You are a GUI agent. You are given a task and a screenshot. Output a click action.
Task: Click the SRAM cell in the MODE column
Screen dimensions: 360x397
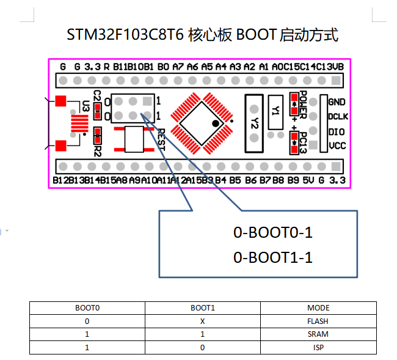[x=318, y=334]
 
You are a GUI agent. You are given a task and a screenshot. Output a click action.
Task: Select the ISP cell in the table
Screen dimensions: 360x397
[x=318, y=347]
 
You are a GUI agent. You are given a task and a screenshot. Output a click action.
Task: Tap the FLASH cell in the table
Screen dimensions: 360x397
[x=318, y=321]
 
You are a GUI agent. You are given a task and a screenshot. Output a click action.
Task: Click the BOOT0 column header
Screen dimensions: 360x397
[x=87, y=308]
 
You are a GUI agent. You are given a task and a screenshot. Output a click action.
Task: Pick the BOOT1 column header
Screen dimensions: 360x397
[x=202, y=308]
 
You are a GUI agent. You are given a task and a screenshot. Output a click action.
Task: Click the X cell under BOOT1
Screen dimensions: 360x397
[x=202, y=321]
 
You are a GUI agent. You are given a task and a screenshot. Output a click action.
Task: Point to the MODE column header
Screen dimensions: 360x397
[x=318, y=308]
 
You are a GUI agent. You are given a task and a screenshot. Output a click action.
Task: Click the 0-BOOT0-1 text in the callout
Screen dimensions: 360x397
[x=273, y=233]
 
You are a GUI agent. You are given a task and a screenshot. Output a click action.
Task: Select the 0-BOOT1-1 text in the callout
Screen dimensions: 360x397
[x=273, y=258]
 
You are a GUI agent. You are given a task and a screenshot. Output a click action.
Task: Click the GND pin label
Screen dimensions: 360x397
[x=337, y=102]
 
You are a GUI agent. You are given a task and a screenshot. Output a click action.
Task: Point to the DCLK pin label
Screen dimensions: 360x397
[x=337, y=117]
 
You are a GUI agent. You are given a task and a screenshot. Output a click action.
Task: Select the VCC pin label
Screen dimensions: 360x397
[x=337, y=146]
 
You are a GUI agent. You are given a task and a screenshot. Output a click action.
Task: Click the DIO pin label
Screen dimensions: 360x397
[x=336, y=131]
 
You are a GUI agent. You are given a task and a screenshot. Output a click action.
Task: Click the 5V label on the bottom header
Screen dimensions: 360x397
[x=308, y=181]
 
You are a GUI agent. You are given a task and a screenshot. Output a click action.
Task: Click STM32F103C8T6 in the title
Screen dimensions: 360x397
[x=125, y=35]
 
